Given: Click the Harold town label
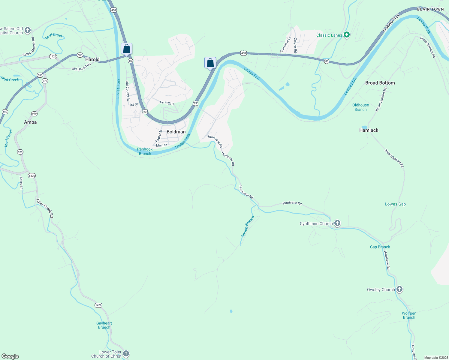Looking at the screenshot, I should click(92, 59).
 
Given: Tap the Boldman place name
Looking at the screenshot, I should click(176, 132).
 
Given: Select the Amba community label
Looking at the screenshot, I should click(30, 122).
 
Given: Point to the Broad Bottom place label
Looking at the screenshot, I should click(380, 83).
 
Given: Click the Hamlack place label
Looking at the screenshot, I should click(369, 130).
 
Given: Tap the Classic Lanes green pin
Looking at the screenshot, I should click(347, 35).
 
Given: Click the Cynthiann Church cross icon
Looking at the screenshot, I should click(337, 223).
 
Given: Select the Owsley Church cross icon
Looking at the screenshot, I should click(399, 289).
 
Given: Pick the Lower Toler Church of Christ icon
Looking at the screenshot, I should click(126, 354).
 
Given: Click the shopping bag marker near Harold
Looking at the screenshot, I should click(126, 49).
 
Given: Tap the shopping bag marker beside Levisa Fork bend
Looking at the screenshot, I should click(210, 63).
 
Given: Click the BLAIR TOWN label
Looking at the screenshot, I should click(430, 9).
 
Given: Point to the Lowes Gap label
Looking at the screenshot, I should click(395, 204).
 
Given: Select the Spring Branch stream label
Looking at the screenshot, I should click(248, 226).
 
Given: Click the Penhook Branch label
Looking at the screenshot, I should click(145, 151).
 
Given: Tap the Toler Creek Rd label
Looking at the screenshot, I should click(45, 208).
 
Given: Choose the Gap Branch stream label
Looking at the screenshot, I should click(380, 247).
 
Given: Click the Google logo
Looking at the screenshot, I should click(10, 356).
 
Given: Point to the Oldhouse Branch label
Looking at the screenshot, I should click(360, 107).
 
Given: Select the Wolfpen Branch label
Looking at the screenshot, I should click(409, 315).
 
